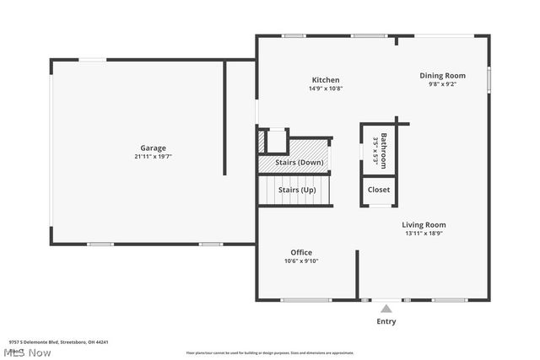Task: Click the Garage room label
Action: [x=153, y=148]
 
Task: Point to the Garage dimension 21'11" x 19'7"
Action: [x=153, y=157]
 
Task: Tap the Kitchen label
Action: [x=325, y=80]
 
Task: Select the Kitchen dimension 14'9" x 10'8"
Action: [x=325, y=89]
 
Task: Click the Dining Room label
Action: [x=442, y=76]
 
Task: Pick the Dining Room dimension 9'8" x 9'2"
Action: [x=442, y=84]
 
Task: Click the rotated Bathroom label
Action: [x=383, y=151]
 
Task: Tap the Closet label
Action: [x=379, y=190]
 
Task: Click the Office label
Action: [x=301, y=252]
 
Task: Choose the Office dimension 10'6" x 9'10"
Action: [x=301, y=261]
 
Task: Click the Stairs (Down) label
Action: [x=299, y=162]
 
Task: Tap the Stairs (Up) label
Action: [x=297, y=191]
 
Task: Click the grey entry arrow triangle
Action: [x=386, y=309]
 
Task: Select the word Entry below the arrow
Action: [x=386, y=321]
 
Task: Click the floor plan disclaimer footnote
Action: [x=270, y=352]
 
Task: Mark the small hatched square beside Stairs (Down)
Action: [x=262, y=141]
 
